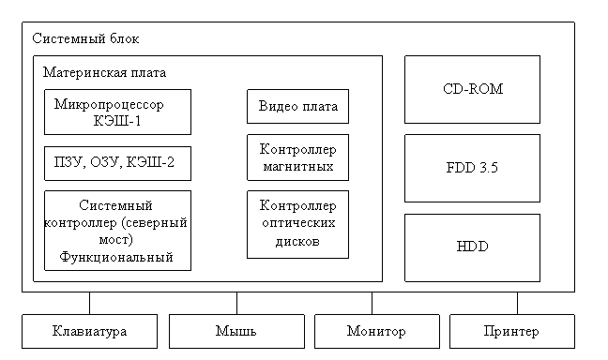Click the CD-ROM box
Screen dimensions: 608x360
pyautogui.click(x=472, y=89)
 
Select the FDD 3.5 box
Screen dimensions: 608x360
pyautogui.click(x=472, y=168)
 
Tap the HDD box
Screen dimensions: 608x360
pyautogui.click(x=472, y=247)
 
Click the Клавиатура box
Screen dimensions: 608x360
pyautogui.click(x=89, y=331)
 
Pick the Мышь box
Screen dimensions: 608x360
pyautogui.click(x=236, y=331)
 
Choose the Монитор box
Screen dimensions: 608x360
pyautogui.click(x=377, y=331)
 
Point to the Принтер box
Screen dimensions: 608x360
pyautogui.click(x=512, y=331)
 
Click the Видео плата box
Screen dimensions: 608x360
pyautogui.click(x=297, y=107)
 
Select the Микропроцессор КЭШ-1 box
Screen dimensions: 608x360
pyautogui.click(x=117, y=112)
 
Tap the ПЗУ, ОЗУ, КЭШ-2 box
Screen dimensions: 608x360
pyautogui.click(x=117, y=163)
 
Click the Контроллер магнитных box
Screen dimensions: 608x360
pyautogui.click(x=297, y=157)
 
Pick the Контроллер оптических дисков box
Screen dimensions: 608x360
pyautogui.click(x=297, y=224)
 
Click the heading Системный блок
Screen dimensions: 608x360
pyautogui.click(x=85, y=38)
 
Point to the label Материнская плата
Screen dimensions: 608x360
pyautogui.click(x=104, y=72)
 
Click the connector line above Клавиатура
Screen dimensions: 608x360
pyautogui.click(x=89, y=303)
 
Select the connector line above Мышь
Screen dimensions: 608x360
pyautogui.click(x=236, y=303)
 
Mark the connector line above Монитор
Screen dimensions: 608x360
pyautogui.click(x=372, y=303)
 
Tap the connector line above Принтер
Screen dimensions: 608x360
pyautogui.click(x=517, y=303)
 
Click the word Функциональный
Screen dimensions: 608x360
pyautogui.click(x=116, y=257)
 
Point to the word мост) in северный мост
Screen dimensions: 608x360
pyautogui.click(x=115, y=240)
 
